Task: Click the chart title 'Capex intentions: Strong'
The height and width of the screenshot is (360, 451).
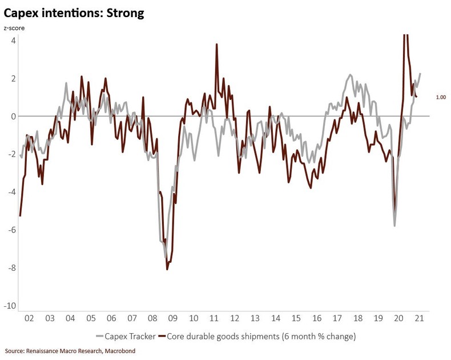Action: (x=74, y=13)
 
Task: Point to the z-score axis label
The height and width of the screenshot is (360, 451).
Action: (x=15, y=27)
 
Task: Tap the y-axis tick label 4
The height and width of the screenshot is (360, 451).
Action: (x=14, y=41)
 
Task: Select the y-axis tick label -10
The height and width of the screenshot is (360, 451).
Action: (x=11, y=306)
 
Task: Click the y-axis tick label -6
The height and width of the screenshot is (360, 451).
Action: (x=13, y=230)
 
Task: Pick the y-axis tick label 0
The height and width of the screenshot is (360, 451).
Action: (x=14, y=117)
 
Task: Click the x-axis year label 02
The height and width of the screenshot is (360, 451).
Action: (x=29, y=318)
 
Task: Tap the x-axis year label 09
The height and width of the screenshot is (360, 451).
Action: (x=173, y=318)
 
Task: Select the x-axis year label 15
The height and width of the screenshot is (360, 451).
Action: (x=296, y=318)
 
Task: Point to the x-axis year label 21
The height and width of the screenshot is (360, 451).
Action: (x=420, y=318)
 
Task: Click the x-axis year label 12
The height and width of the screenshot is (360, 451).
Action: (x=235, y=318)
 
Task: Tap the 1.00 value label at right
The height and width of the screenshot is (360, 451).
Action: (x=441, y=98)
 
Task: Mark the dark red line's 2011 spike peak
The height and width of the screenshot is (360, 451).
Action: (x=217, y=44)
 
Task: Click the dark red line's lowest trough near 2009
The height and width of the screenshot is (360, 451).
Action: (x=167, y=269)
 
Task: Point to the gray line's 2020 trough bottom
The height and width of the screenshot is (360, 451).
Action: (x=394, y=226)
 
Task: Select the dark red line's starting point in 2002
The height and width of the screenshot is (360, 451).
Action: (x=20, y=216)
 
